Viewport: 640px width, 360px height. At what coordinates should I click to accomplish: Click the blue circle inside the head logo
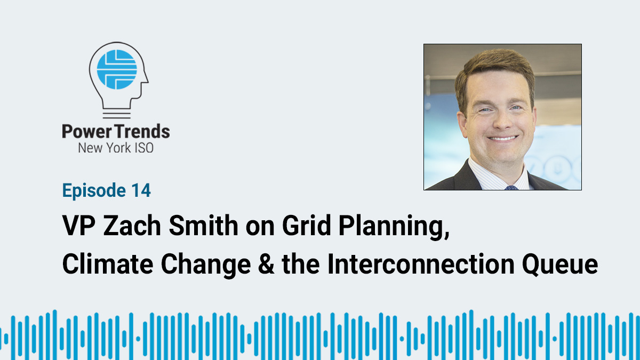tap(117, 69)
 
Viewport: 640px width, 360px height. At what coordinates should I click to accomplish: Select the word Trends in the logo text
tap(142, 131)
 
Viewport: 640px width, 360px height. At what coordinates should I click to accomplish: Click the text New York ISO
tap(116, 148)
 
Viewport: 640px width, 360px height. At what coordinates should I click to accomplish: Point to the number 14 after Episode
tap(141, 190)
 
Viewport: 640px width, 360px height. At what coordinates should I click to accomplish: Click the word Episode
tap(94, 191)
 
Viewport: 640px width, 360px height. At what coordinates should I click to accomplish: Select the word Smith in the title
tap(203, 226)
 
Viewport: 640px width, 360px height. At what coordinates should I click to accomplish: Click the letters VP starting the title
tap(79, 226)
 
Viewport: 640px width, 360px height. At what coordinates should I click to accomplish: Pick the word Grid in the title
tap(307, 226)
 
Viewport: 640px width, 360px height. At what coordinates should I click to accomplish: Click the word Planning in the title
tap(394, 227)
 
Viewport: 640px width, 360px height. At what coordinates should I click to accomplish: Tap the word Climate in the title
tap(108, 263)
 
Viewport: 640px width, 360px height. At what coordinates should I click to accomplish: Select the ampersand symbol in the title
tap(266, 264)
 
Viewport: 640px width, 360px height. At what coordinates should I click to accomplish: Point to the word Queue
tap(560, 265)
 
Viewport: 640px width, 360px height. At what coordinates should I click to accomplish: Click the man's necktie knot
tap(511, 188)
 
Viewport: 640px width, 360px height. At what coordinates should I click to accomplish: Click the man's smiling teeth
tap(503, 139)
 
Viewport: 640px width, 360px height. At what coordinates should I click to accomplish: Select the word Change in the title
tap(206, 266)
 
